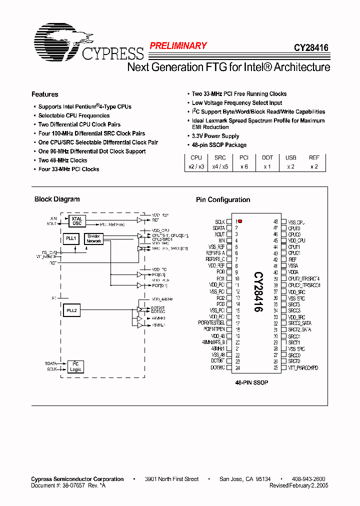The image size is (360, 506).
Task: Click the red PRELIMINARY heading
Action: [x=178, y=46]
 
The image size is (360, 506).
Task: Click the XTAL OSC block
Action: [x=77, y=221]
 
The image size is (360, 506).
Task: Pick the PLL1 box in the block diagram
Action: [x=70, y=239]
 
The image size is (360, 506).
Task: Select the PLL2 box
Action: [x=71, y=310]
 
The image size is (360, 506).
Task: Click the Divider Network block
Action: [x=93, y=239]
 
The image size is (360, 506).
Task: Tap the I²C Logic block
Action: [x=75, y=366]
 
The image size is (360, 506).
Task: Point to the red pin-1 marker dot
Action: [x=240, y=221]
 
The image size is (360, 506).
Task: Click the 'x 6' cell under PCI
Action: [x=244, y=166]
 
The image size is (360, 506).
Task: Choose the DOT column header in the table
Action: [x=267, y=158]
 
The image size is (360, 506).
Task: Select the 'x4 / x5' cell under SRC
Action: [x=220, y=166]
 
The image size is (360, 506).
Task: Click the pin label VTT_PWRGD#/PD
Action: [x=303, y=368]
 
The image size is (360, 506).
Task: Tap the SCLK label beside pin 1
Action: [x=220, y=221]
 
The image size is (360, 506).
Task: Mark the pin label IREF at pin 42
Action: [x=292, y=260]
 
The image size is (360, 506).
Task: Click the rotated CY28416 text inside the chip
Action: [x=257, y=292]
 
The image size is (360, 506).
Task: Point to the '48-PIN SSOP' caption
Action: [x=252, y=382]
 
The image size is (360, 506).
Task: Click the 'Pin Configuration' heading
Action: [x=223, y=199]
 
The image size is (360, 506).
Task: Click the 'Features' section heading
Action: [x=44, y=94]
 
